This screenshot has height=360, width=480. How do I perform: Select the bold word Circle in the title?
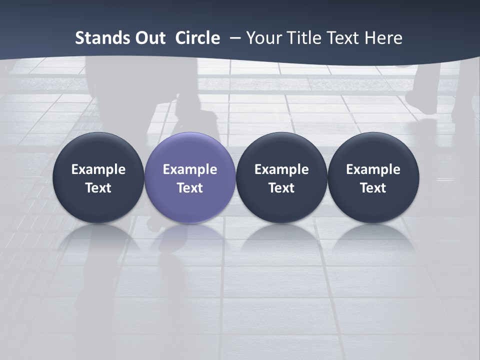197,38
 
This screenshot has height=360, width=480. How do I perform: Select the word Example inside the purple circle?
190,169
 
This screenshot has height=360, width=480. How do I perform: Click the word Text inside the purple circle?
190,188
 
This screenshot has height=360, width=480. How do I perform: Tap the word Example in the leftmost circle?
98,169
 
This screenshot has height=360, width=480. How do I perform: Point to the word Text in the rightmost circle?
373,188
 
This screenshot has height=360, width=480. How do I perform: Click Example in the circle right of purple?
281,169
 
